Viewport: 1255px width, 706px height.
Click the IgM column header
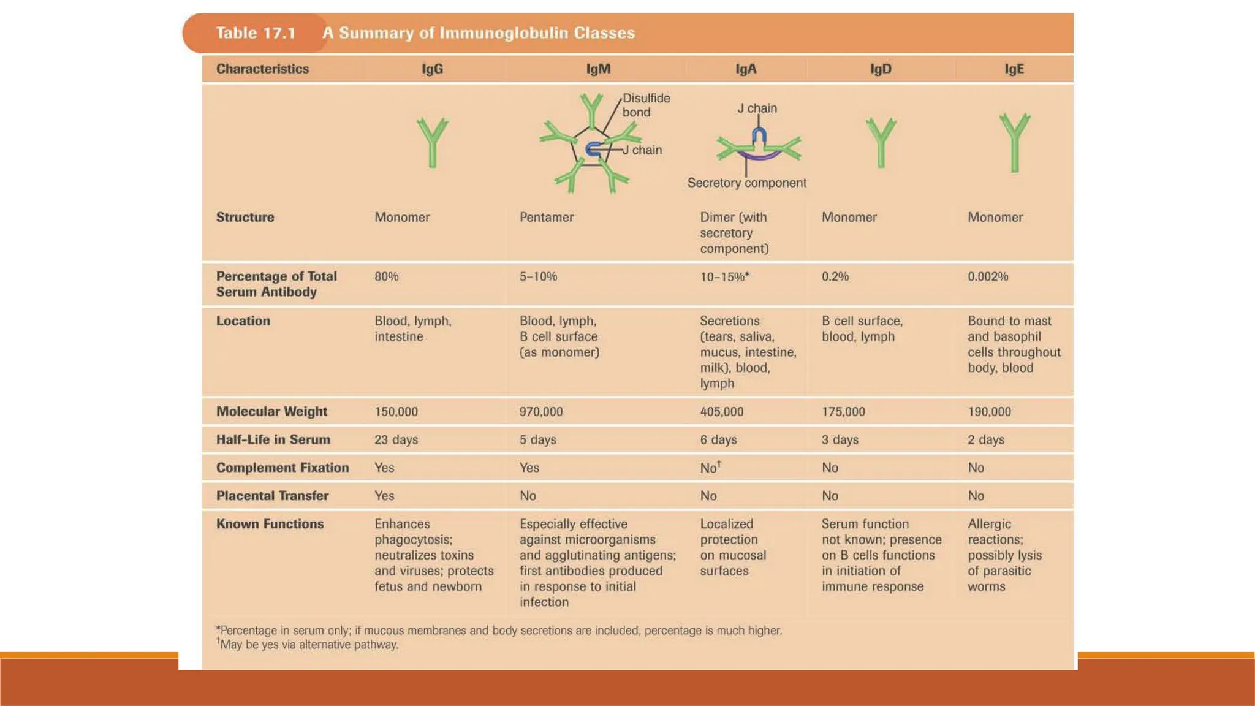click(x=598, y=69)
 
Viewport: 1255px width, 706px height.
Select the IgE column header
click(x=1014, y=69)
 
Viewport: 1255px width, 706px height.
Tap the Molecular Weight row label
click(x=271, y=411)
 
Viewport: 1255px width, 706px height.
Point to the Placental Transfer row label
click(x=272, y=496)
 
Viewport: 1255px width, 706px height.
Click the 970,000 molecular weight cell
click(x=541, y=412)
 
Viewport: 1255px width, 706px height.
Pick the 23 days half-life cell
click(x=396, y=439)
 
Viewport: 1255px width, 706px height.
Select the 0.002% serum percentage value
click(x=988, y=276)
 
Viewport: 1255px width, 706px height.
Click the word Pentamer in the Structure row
click(x=547, y=217)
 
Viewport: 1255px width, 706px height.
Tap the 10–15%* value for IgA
click(x=724, y=277)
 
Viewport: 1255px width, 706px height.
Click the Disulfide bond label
click(x=645, y=105)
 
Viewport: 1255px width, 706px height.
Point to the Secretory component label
click(x=746, y=183)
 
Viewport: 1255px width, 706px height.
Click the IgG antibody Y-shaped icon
click(x=433, y=142)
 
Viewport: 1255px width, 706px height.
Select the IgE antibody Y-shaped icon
click(x=1014, y=142)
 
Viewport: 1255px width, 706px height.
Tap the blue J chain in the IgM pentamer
click(x=593, y=149)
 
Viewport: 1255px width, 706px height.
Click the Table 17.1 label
click(x=256, y=33)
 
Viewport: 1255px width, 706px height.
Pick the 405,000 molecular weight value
click(x=721, y=412)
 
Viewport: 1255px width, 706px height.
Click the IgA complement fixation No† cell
click(x=710, y=468)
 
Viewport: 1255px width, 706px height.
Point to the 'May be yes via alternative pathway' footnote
click(x=309, y=645)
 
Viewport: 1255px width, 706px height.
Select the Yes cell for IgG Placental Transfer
click(x=384, y=496)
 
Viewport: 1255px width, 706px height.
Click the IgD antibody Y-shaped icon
click(x=881, y=142)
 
